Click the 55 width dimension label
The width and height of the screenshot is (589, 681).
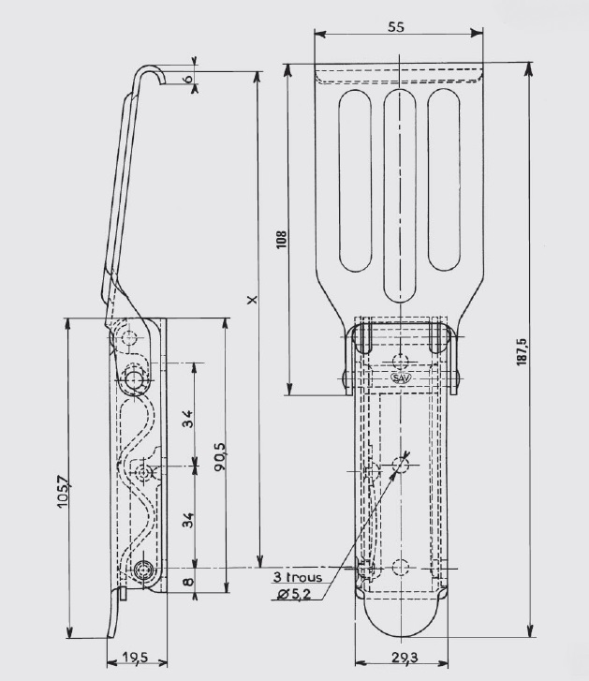[396, 27]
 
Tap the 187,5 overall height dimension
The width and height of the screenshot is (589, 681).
[522, 352]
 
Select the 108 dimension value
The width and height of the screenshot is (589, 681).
[282, 239]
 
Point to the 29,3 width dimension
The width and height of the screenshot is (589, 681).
[405, 658]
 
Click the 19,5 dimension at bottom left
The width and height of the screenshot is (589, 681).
[135, 658]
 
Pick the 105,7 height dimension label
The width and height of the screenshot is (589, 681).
[64, 492]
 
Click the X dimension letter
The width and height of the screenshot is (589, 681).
[252, 299]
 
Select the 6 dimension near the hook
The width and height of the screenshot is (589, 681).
[187, 79]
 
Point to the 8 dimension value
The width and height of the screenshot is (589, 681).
[188, 581]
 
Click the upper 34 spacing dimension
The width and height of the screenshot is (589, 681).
[187, 419]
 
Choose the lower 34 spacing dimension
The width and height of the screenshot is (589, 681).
[187, 520]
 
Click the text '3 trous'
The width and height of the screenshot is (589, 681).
[298, 577]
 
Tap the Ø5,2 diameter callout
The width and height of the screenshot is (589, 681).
[294, 594]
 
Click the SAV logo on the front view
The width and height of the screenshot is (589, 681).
[402, 378]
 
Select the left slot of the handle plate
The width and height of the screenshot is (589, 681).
[356, 181]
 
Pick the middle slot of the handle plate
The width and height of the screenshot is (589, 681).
[400, 197]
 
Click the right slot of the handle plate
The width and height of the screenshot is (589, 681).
[444, 181]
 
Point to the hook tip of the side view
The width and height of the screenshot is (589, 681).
[163, 82]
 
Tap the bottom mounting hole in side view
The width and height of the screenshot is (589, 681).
[142, 569]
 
